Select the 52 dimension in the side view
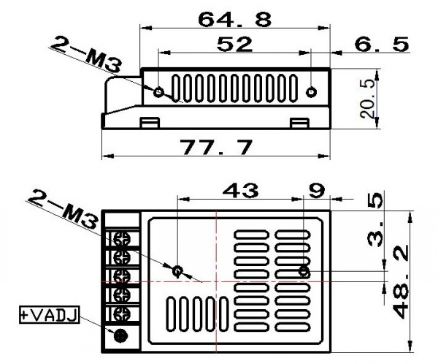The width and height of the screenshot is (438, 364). click(234, 45)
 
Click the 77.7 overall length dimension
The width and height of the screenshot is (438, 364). click(216, 147)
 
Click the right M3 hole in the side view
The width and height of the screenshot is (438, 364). click(311, 93)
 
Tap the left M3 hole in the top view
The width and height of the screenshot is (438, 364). click(177, 270)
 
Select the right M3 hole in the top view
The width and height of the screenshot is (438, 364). click(304, 272)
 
